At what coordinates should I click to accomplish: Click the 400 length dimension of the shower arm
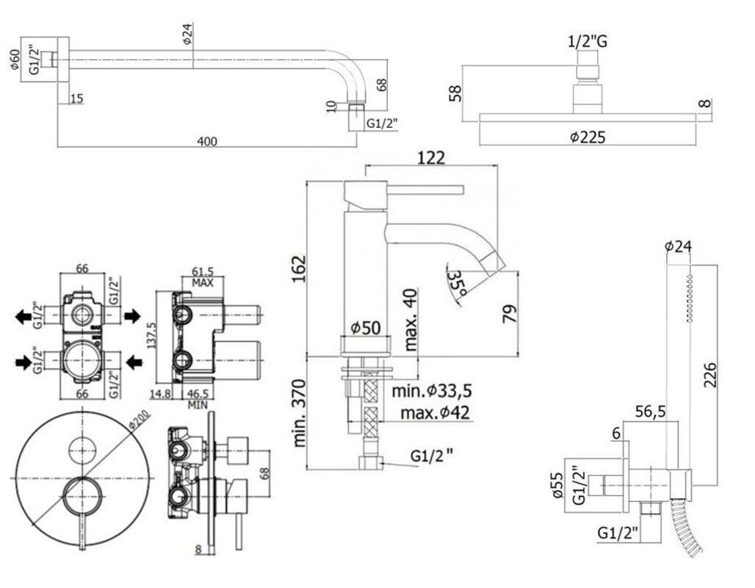(207, 141)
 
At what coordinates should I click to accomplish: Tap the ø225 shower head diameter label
(588, 137)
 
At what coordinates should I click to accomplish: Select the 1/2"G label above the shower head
(588, 41)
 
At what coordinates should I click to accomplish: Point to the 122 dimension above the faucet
(431, 158)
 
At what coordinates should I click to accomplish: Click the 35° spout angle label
(457, 284)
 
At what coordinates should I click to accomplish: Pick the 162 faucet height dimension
(299, 269)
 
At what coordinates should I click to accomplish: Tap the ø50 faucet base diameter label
(366, 328)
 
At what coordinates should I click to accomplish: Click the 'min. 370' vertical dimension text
(299, 413)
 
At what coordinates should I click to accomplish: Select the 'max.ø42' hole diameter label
(435, 412)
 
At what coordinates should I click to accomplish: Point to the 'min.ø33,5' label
(431, 390)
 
